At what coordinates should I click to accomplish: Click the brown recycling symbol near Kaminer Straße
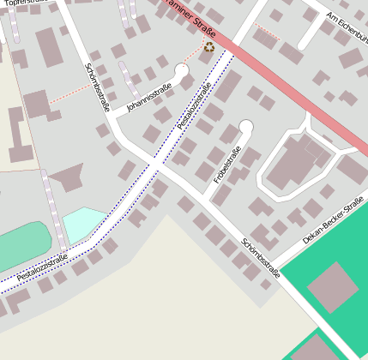(x=208, y=48)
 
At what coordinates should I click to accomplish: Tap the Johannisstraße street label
(x=149, y=97)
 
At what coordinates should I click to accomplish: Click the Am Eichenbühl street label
(x=347, y=27)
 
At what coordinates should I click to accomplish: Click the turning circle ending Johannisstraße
(x=182, y=70)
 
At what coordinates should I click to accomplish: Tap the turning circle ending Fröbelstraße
(x=246, y=128)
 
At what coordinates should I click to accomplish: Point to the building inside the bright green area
(x=332, y=288)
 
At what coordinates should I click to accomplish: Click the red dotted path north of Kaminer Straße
(x=268, y=33)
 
